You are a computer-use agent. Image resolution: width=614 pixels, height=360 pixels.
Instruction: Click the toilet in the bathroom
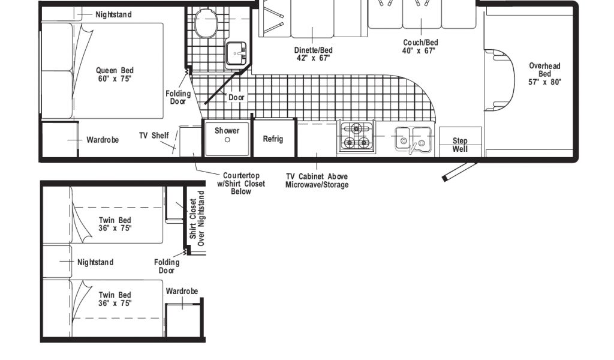[x=206, y=22]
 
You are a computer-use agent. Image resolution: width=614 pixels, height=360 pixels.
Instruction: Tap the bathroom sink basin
[x=236, y=53]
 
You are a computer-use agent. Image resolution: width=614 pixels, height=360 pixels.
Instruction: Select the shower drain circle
[x=227, y=140]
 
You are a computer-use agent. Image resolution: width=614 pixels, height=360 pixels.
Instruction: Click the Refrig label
[x=273, y=139]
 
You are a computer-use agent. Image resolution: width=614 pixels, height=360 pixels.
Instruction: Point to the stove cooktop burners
[x=356, y=136]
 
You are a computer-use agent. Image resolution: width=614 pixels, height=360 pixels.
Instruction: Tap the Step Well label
[x=460, y=145]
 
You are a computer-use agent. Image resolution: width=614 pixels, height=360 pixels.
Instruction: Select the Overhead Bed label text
[x=544, y=74]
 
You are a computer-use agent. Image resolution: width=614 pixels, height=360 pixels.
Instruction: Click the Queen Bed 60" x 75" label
[x=115, y=74]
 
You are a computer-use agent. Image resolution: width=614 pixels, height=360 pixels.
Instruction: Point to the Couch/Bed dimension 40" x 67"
[x=419, y=51]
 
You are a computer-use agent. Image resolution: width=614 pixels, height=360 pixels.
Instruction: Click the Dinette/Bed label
[x=313, y=50]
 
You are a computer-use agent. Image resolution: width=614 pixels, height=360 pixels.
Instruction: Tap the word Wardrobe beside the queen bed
[x=103, y=140]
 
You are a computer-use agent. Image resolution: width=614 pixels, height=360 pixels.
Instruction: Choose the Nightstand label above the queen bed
[x=113, y=14]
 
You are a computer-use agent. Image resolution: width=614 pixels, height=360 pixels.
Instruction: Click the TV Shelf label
[x=154, y=136]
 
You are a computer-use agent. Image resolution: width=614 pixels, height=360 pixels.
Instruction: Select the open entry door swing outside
[x=460, y=171]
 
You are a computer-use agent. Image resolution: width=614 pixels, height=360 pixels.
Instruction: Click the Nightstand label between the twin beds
[x=95, y=262]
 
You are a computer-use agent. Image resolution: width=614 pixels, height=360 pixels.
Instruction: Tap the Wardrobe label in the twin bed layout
[x=182, y=291]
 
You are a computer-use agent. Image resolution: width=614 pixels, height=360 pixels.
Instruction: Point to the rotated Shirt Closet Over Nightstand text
[x=197, y=218]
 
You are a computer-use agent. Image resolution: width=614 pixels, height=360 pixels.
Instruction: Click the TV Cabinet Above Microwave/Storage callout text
[x=317, y=181]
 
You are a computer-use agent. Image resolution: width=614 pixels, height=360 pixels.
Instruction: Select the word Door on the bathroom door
[x=236, y=97]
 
